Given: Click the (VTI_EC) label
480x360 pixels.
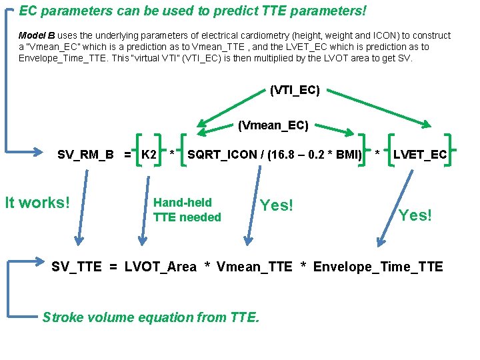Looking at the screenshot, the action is pos(295,89).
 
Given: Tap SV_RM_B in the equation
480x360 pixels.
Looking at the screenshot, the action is pos(85,155).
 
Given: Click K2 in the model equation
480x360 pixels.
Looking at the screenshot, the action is pos(149,155).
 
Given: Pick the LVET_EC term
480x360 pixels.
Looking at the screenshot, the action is pos(420,155).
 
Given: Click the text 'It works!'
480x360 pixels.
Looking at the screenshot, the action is pos(37,203).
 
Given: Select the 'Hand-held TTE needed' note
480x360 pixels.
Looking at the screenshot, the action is pos(187,210).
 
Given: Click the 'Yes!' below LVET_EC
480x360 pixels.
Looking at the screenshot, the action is pos(415,215).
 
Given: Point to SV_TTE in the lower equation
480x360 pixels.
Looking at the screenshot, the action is pos(77,267).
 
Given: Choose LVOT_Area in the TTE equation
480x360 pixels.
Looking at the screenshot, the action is pos(161,267).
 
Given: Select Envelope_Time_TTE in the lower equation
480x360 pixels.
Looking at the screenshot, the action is pos(378,267).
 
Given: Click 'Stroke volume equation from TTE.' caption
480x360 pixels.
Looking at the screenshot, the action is pos(151,317).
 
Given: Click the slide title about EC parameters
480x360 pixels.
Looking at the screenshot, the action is pos(193,11).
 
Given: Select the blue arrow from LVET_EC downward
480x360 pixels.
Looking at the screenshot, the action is pos(391,220).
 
